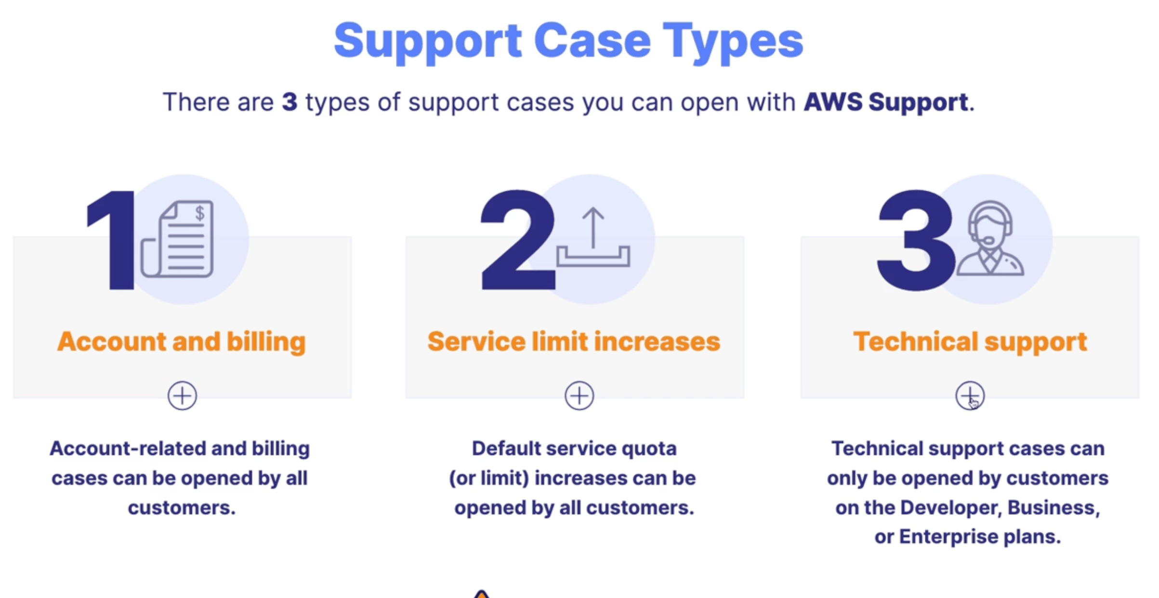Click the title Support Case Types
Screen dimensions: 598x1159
coord(568,41)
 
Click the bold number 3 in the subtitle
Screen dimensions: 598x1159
coord(290,102)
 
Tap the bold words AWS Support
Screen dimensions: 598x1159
coord(886,102)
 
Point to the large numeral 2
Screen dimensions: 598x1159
coord(518,240)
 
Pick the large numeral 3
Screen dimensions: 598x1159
coord(915,240)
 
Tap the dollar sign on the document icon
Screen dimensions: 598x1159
coord(199,212)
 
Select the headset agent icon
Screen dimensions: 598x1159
coord(990,238)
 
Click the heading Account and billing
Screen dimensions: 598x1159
coord(182,342)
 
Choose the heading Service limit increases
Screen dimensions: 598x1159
coord(574,342)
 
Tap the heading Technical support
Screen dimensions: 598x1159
coord(970,342)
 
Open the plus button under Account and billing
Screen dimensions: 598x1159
coord(182,396)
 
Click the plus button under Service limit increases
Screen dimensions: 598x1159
coord(579,396)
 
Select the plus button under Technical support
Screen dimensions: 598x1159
coord(970,396)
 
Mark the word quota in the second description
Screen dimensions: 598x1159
coord(649,449)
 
